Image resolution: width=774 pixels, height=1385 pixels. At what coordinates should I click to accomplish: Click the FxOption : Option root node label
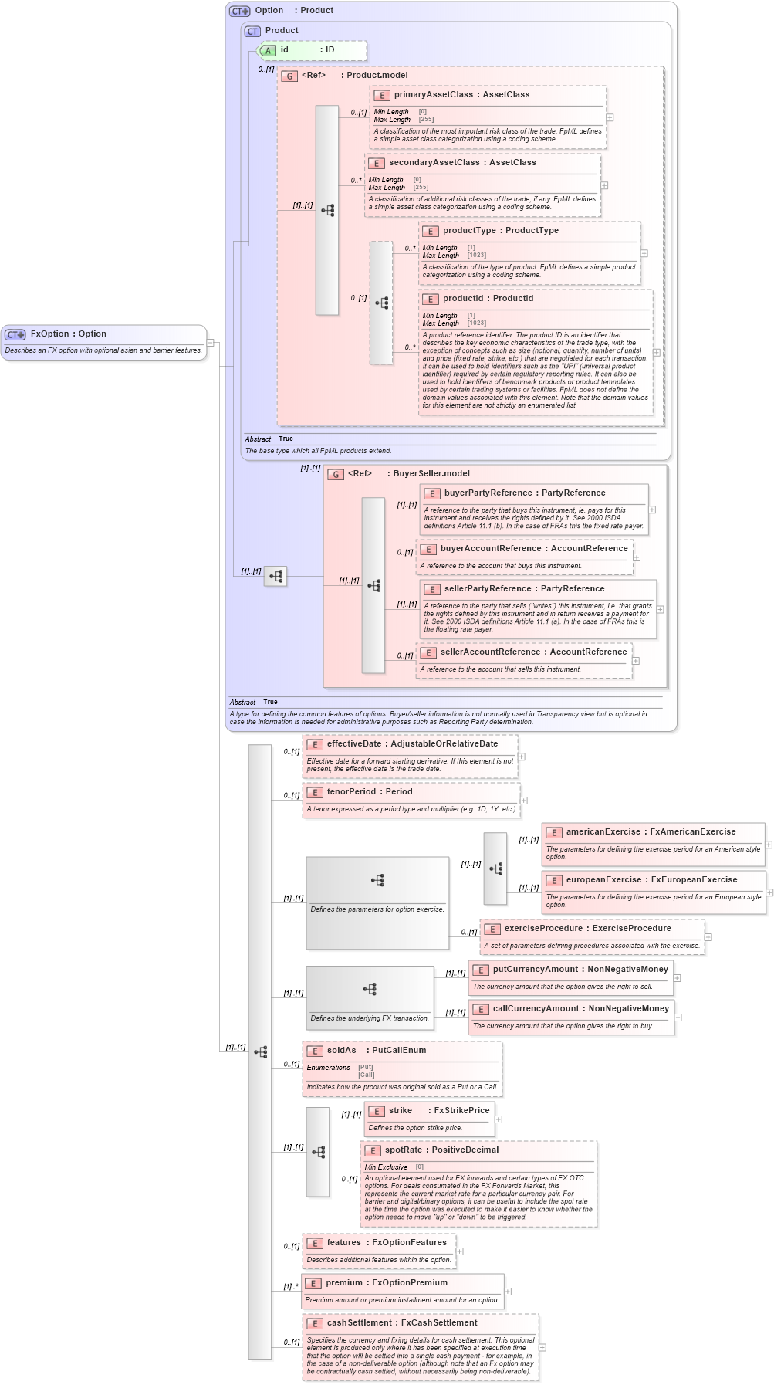[68, 334]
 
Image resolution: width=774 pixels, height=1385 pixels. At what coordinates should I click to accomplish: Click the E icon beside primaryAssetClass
[381, 96]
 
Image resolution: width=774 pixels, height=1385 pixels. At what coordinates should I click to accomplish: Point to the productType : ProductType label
[500, 231]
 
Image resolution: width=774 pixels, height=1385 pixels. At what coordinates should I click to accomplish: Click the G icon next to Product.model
[289, 76]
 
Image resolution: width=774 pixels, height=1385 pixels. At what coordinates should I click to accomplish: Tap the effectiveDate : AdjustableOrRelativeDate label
[412, 744]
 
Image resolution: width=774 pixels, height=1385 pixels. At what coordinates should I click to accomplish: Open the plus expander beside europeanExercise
[769, 892]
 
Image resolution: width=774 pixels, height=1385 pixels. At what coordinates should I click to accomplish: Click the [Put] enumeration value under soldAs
[365, 1068]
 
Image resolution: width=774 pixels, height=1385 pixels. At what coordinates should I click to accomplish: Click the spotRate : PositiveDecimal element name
[441, 1150]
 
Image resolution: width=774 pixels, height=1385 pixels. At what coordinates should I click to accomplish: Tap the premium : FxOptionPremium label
[386, 1283]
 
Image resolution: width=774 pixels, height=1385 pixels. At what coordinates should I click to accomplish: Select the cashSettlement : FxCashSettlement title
[401, 1323]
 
